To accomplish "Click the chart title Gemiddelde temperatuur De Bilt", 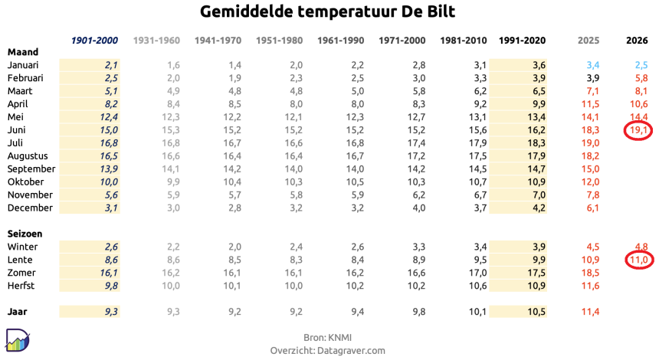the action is coord(327,11).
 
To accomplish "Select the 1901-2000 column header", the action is coord(94,41).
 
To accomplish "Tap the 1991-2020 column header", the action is coord(522,41).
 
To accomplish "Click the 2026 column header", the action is coord(637,41).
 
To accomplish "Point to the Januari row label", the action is coord(23,65).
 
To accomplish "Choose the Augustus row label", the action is coord(28,156).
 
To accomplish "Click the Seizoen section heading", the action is coord(25,234).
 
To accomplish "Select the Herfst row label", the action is coord(21,286).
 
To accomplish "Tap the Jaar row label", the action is coord(17,312).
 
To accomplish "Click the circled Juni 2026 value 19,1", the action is coord(638,130).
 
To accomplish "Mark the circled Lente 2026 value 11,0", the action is coord(639,260).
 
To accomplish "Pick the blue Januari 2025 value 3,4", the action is coord(592,65).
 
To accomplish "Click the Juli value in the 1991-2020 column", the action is coord(536,143).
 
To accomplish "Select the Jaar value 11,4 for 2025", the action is coord(590,312).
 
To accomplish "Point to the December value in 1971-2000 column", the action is coord(418,208).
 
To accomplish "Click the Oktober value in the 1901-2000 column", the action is coord(109,182).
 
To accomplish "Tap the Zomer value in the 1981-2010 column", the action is coord(478,273).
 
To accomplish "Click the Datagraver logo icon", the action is coord(17,340).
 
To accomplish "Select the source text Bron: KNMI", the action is coord(327,338).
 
